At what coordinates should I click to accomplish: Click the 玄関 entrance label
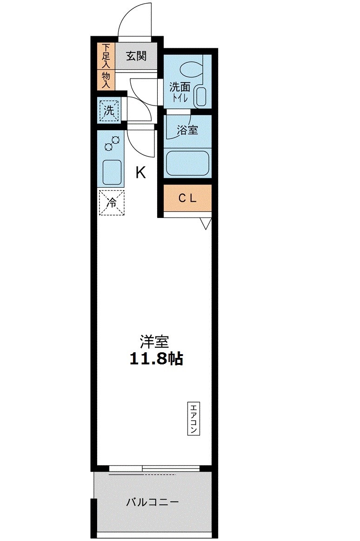point(136,56)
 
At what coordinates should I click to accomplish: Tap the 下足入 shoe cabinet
point(106,56)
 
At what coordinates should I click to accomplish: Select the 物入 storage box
point(106,79)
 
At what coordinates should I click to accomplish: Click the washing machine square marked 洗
point(109,111)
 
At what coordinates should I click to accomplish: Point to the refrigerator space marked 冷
point(112,203)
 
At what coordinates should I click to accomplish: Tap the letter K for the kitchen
point(140,172)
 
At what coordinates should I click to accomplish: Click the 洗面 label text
point(180,86)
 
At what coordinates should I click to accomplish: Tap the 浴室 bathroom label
point(187,130)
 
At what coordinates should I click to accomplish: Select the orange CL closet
point(187,198)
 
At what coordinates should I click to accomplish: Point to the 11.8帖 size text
point(156,359)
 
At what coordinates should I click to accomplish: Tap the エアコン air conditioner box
point(193,418)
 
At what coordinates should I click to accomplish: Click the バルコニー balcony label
point(152,502)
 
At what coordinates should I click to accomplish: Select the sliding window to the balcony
point(154,468)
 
